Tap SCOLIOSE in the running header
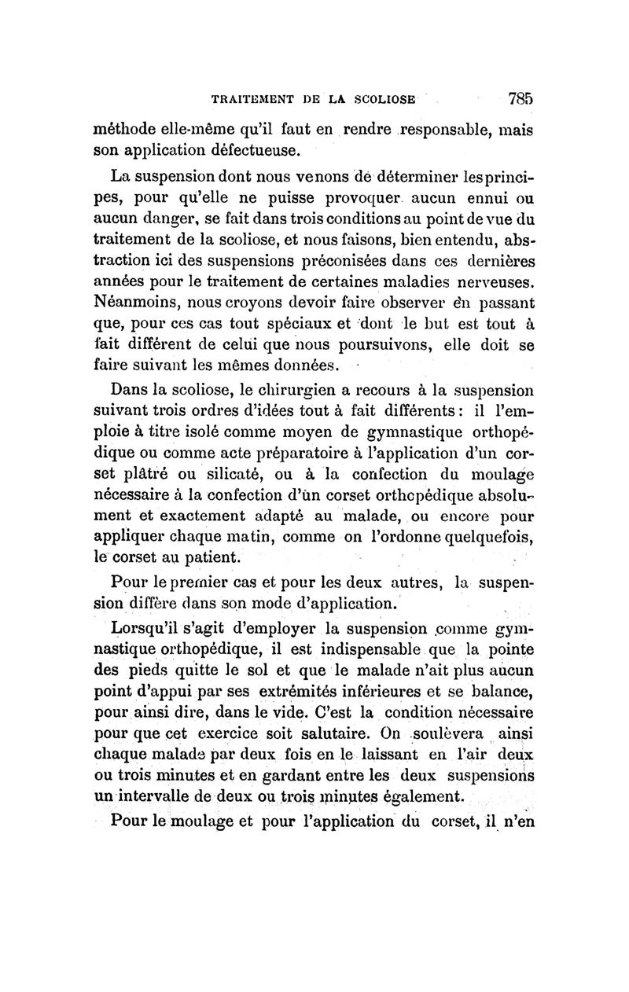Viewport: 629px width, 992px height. [x=384, y=101]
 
